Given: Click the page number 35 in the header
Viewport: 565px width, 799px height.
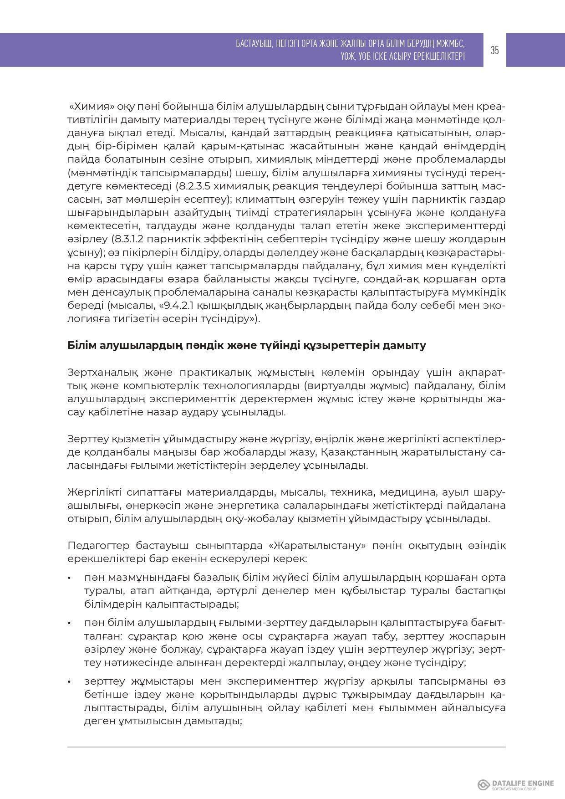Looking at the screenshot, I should [495, 50].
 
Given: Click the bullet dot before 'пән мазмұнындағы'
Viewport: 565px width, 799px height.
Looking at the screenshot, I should [70, 578].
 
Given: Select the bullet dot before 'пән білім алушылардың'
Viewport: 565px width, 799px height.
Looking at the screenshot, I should [70, 623].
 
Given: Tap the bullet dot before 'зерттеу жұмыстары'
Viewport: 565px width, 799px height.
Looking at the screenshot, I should [70, 682].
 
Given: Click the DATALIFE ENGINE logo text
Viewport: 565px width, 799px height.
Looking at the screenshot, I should [523, 783].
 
